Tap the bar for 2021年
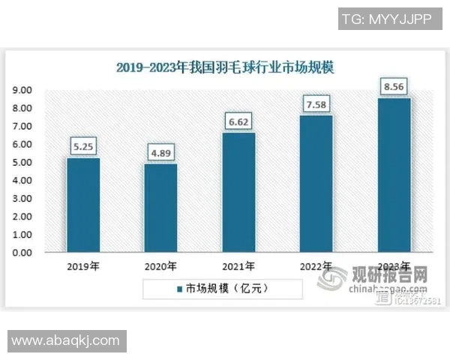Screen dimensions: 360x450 [238, 193]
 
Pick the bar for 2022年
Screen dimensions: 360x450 [316, 184]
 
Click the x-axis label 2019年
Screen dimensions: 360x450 [82, 265]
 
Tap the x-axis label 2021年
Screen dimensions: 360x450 [238, 265]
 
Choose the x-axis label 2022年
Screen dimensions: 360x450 [316, 265]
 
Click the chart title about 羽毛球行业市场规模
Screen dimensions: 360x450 [224, 67]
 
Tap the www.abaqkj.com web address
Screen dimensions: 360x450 [65, 340]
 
